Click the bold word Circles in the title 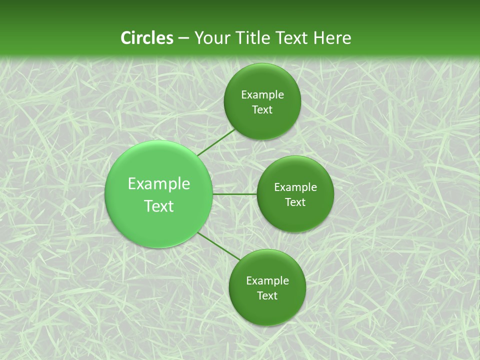coord(147,38)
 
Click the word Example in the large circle coord(159,184)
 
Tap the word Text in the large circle coord(159,206)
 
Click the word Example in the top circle coord(262,95)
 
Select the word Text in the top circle coord(262,110)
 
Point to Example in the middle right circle coord(295,187)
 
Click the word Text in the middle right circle coord(295,202)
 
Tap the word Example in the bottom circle coord(267,281)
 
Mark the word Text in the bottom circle coord(267,296)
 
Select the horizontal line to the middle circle coord(235,194)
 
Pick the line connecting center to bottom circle coord(219,246)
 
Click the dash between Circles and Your coord(183,38)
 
